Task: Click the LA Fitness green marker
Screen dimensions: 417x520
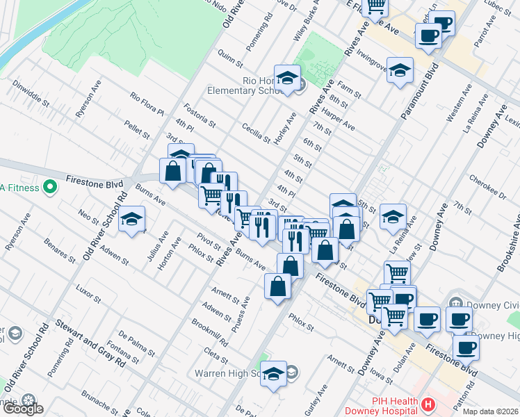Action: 49,187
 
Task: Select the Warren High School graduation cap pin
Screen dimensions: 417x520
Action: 274,375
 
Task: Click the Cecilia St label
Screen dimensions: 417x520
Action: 255,132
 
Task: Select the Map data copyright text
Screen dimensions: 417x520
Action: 490,411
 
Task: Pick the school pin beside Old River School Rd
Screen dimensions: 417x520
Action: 131,220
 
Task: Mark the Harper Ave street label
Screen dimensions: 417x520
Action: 339,122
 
